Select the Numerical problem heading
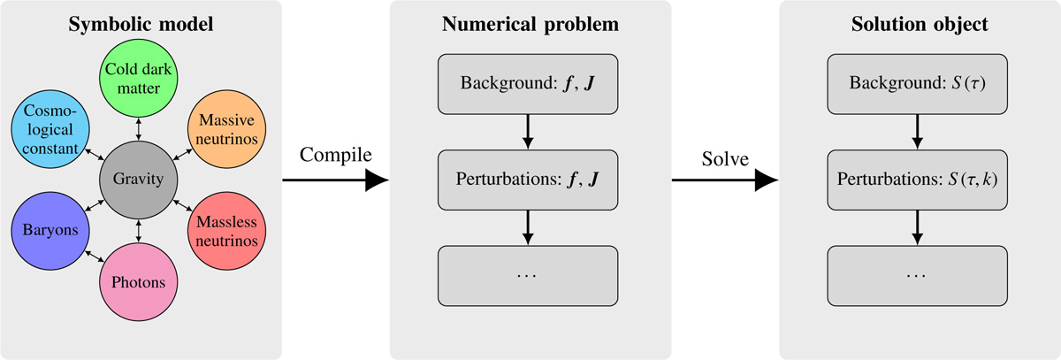529,23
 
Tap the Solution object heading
918,23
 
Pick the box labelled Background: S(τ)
918,86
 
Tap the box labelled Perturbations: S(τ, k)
918,180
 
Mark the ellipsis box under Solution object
918,274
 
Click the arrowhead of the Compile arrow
378,180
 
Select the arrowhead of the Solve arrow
767,180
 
